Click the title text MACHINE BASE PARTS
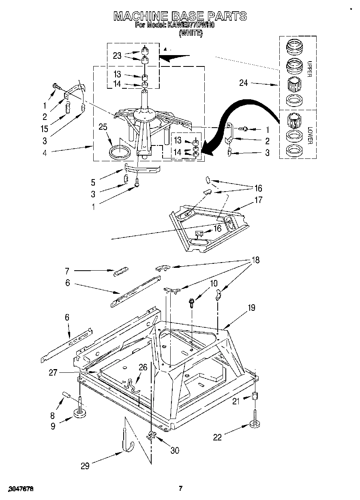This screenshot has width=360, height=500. (180, 16)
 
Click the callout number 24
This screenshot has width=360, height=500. (243, 84)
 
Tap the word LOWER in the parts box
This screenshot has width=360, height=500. (309, 136)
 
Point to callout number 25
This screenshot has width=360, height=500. (103, 127)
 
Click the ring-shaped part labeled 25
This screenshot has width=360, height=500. (120, 153)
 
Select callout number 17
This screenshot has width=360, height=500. (258, 200)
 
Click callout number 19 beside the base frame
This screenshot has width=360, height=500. (251, 308)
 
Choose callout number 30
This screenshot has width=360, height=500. (175, 450)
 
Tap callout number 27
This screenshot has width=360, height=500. (53, 373)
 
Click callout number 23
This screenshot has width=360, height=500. (117, 56)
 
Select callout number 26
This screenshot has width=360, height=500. (143, 367)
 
